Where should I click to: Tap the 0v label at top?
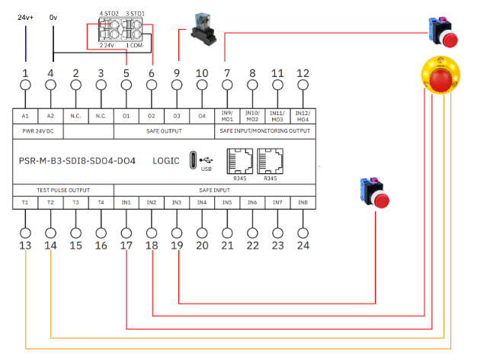point(53,17)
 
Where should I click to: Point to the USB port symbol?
point(206,161)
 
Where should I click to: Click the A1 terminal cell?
point(25,116)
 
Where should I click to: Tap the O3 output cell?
point(176,116)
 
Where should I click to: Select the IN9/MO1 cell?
point(227,116)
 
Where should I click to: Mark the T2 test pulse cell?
point(50,202)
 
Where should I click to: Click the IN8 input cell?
point(303,202)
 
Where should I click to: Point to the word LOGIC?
point(166,161)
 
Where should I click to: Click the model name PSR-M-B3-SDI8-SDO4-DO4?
point(78,161)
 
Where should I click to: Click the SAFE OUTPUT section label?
point(164,131)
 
